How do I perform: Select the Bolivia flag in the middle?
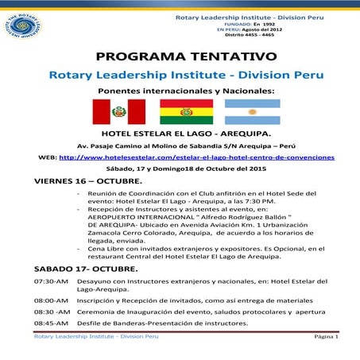point(181,114)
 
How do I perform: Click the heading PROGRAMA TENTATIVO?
point(186,56)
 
